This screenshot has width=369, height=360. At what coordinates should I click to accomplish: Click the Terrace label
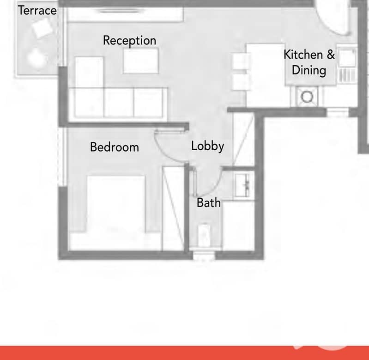[x=37, y=11]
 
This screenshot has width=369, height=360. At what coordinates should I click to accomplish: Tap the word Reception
[x=130, y=41]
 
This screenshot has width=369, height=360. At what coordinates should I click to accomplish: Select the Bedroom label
[x=115, y=147]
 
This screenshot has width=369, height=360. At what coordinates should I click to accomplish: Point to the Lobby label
[x=207, y=146]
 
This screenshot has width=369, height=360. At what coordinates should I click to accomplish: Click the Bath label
[x=209, y=203]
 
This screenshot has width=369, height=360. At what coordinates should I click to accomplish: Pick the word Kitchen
[x=303, y=55]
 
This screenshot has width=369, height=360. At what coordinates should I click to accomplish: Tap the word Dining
[x=309, y=71]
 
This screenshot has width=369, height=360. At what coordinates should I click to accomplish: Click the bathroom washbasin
[x=242, y=185]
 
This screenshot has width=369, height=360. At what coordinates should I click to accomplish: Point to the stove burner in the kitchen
[x=307, y=97]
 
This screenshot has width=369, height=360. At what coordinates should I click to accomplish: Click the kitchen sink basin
[x=347, y=58]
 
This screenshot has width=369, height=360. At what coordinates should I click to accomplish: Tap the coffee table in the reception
[x=141, y=61]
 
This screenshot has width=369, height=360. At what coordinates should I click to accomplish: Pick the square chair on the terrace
[x=42, y=29]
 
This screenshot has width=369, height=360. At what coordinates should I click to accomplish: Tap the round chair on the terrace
[x=37, y=58]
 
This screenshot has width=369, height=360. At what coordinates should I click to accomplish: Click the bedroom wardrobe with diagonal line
[x=174, y=208]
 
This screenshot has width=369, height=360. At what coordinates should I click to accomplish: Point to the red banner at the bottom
[x=185, y=353]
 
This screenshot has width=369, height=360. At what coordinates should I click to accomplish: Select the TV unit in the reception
[x=125, y=15]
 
